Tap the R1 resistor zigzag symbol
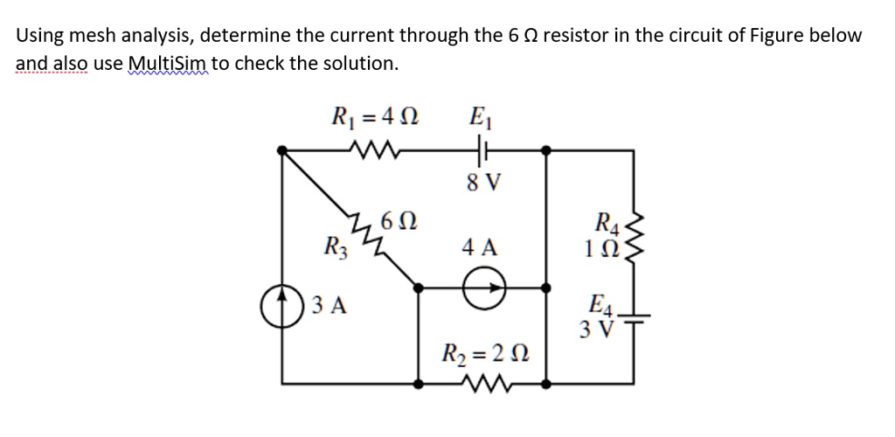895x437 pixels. (373, 150)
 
